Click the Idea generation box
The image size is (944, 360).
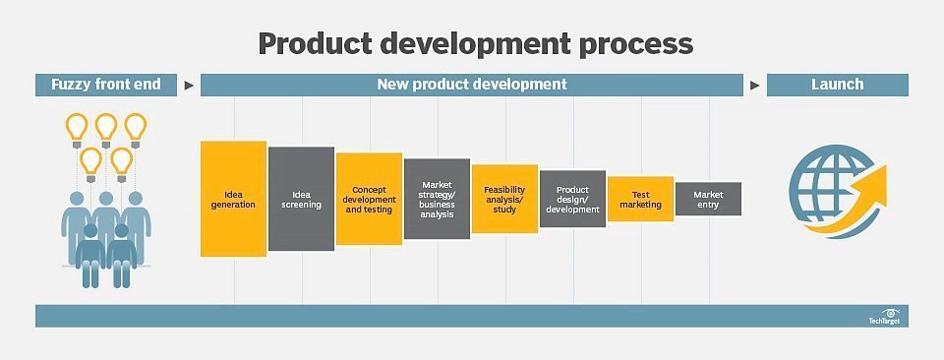point(234,199)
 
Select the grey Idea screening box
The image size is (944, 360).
point(301,199)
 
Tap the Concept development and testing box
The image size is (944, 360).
point(369,199)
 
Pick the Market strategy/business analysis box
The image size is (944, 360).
point(437,199)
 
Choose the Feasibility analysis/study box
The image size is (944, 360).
point(504,199)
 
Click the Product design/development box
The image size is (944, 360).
point(572,199)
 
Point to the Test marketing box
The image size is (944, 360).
point(640,199)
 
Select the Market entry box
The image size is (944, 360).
point(709,199)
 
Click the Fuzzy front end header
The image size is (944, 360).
point(106,85)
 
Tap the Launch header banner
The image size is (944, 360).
point(838,85)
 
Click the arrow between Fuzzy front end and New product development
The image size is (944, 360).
point(189,86)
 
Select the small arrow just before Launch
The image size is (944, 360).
point(755,86)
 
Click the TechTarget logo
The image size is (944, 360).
point(884,317)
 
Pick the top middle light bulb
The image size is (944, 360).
point(106,129)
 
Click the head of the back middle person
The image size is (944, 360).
point(106,199)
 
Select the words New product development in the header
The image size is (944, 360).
point(472,85)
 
